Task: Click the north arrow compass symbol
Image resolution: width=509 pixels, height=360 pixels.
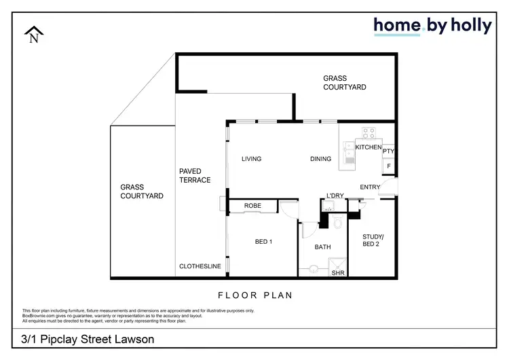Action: point(33,35)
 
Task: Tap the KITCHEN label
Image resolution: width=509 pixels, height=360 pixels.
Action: point(369,147)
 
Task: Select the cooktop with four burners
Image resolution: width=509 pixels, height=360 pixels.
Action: point(369,134)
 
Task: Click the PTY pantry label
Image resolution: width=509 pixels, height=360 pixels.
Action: point(389,151)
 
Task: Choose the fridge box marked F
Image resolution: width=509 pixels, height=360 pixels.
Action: point(389,166)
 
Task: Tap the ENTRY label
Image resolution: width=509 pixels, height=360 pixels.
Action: point(370,187)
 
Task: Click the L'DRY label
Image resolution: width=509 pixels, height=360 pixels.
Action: point(335,196)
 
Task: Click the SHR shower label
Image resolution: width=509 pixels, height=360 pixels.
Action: point(337,273)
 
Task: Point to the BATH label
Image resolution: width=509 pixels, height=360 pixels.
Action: point(322,248)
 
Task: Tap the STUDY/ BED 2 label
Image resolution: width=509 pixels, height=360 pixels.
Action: point(372,240)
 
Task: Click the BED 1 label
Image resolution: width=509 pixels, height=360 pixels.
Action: point(263,242)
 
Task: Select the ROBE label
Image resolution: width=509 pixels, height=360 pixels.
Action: point(253,205)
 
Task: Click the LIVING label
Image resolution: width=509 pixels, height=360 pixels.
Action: point(252,159)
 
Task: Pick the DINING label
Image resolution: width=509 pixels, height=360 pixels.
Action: point(320,159)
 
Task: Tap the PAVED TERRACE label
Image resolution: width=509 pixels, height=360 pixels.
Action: point(195,175)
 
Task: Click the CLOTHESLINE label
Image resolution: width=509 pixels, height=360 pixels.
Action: point(200,267)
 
